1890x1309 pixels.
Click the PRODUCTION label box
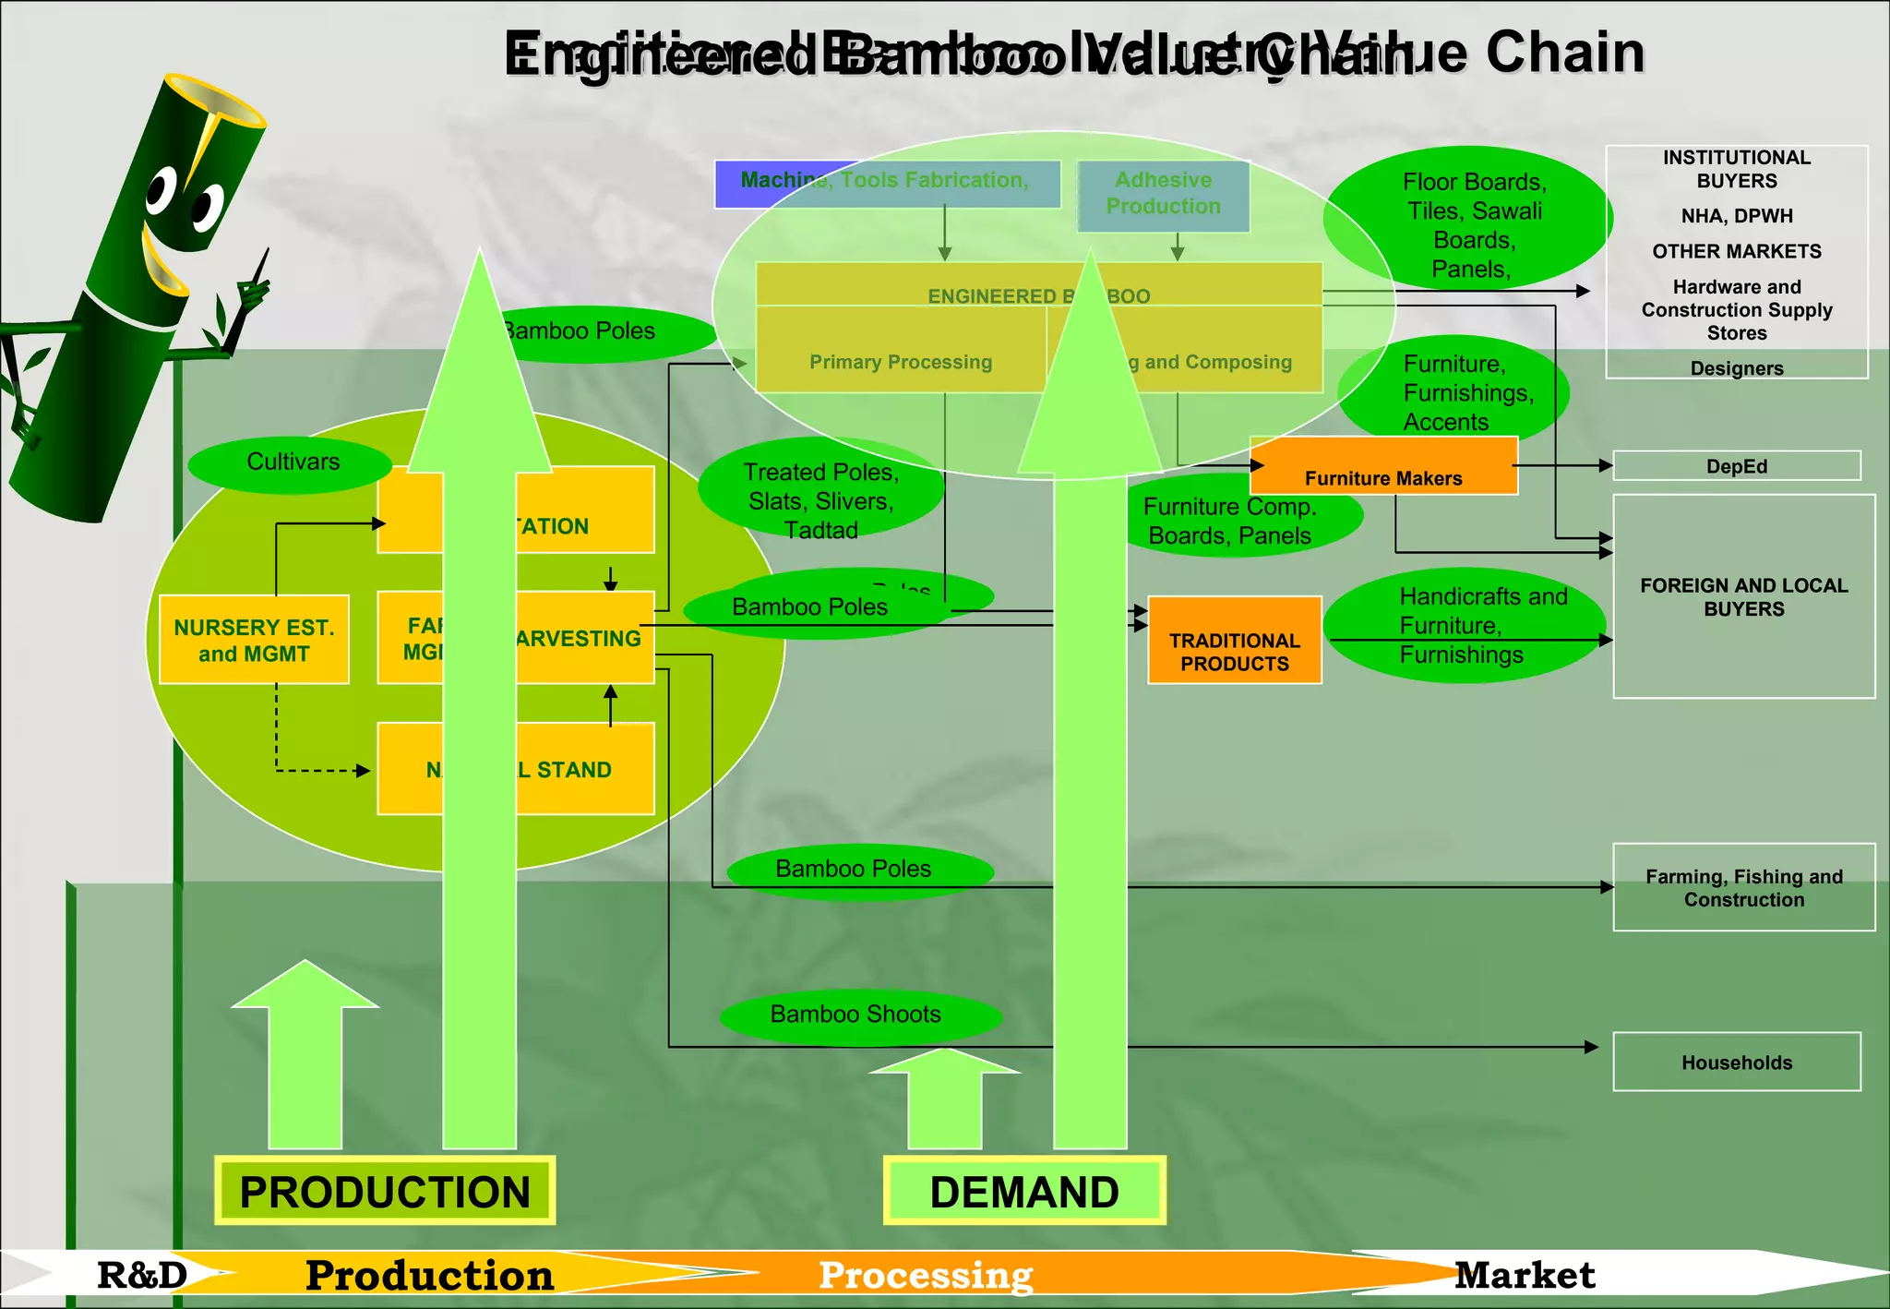pos(385,1191)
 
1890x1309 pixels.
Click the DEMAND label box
pos(1024,1191)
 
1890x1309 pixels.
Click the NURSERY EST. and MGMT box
pos(254,640)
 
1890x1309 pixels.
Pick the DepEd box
pos(1736,466)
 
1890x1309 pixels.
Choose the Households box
pos(1736,1063)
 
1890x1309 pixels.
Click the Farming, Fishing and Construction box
pos(1743,887)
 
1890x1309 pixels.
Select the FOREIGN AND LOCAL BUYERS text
pos(1743,597)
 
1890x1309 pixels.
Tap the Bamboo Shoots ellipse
pos(855,1015)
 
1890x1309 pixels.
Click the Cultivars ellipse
pos(293,462)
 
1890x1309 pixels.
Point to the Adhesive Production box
pos(1163,194)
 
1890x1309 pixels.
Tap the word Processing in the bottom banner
pos(926,1276)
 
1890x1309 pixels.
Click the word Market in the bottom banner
pos(1525,1276)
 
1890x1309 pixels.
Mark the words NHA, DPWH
pos(1736,216)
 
